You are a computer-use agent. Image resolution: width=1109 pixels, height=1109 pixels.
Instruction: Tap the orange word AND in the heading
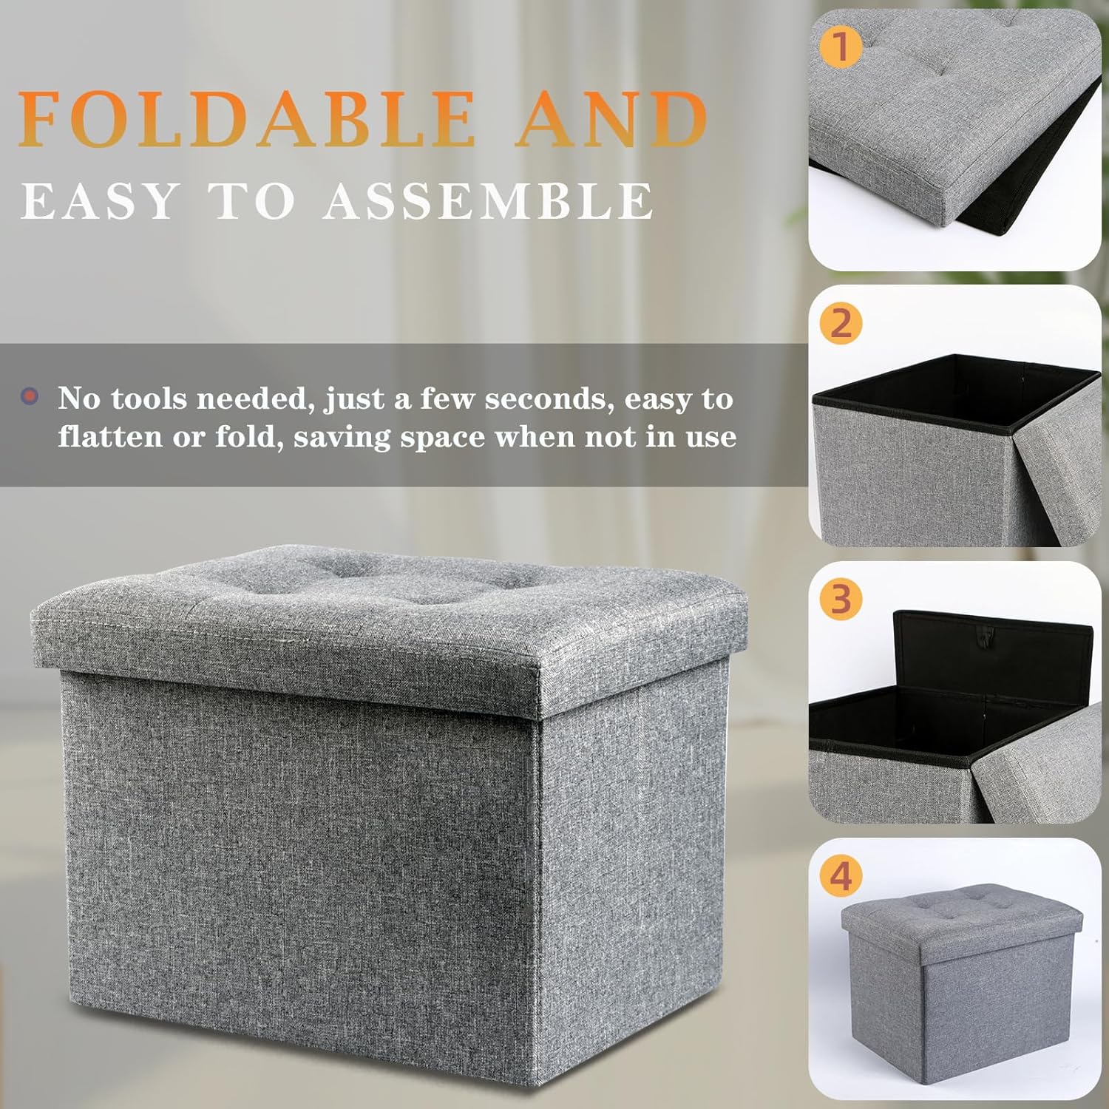coord(611,119)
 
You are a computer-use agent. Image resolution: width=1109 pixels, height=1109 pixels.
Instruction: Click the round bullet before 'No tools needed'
coord(30,397)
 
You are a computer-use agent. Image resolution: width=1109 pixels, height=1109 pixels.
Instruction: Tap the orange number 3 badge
coord(841,599)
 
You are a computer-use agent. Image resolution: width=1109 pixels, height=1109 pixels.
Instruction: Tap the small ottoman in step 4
coord(961,976)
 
